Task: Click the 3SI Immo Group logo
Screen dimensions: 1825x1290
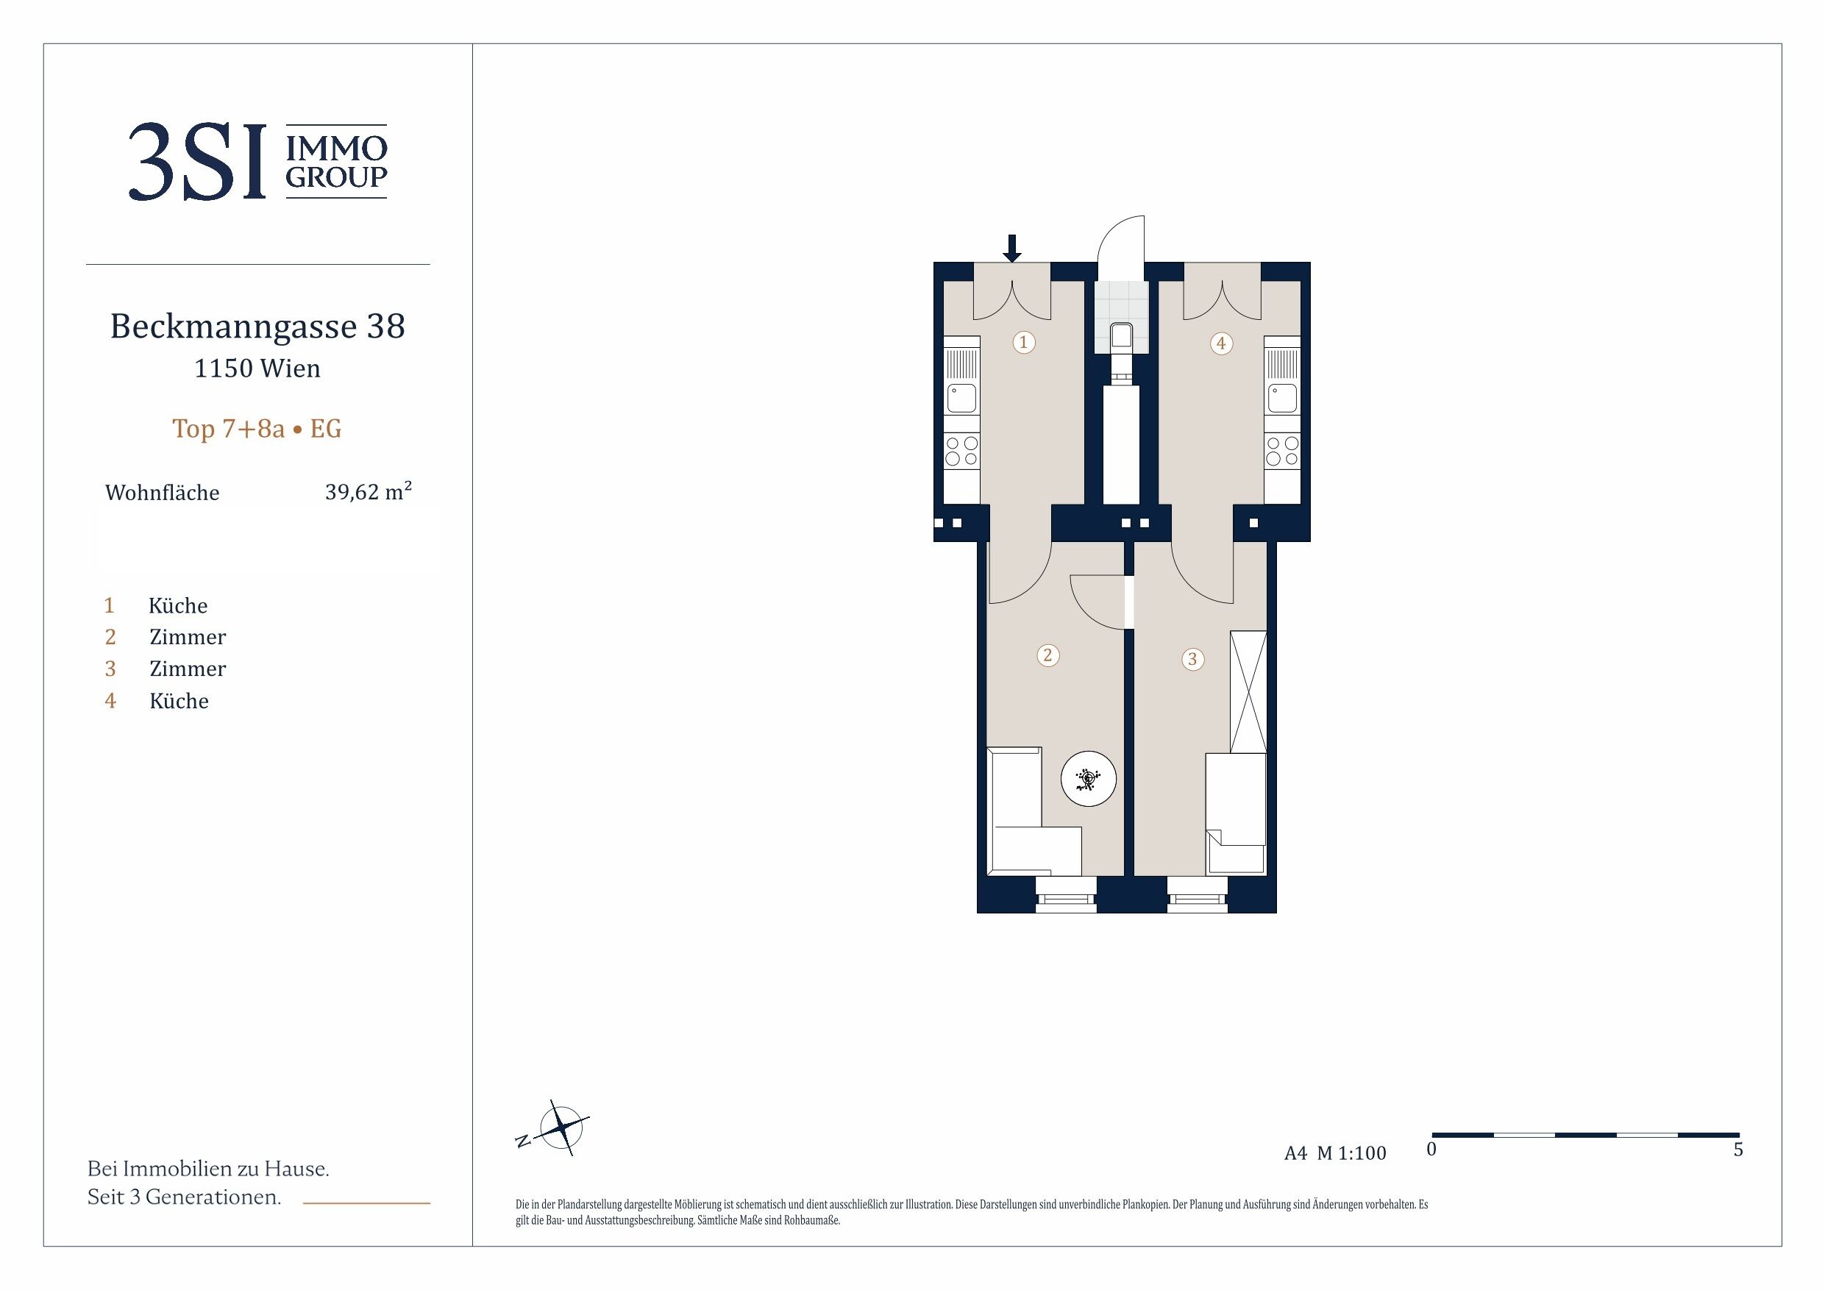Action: tap(257, 161)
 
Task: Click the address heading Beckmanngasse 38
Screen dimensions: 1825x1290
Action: tap(257, 326)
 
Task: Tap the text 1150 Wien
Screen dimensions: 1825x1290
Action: tap(257, 368)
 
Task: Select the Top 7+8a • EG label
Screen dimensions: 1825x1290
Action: tap(257, 429)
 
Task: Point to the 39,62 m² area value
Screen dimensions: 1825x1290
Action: tap(368, 491)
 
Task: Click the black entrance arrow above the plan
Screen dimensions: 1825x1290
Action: tap(1012, 248)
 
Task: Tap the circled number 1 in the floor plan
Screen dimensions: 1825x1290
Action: tap(1024, 343)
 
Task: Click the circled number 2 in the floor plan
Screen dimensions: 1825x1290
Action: tap(1047, 655)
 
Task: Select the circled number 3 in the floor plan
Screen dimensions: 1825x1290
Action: tap(1192, 659)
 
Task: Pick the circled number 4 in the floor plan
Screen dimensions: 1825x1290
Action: tap(1221, 343)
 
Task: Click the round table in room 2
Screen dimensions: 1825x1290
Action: tap(1088, 779)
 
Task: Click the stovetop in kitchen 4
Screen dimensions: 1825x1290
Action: tap(1282, 451)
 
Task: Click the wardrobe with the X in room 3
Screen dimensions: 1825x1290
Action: tap(1248, 692)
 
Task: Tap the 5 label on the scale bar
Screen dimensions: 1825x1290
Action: tap(1738, 1150)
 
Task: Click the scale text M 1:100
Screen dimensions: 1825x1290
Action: tap(1351, 1152)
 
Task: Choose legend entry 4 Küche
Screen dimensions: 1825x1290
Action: tap(157, 701)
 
